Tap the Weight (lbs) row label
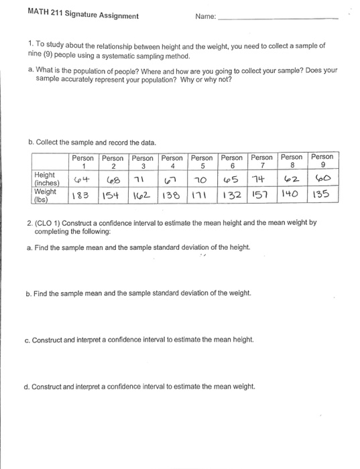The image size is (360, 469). click(46, 195)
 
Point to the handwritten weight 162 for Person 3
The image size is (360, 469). click(141, 196)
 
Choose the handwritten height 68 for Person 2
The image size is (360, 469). click(113, 181)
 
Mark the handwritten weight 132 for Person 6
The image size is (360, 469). click(231, 196)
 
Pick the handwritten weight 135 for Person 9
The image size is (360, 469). click(323, 196)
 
